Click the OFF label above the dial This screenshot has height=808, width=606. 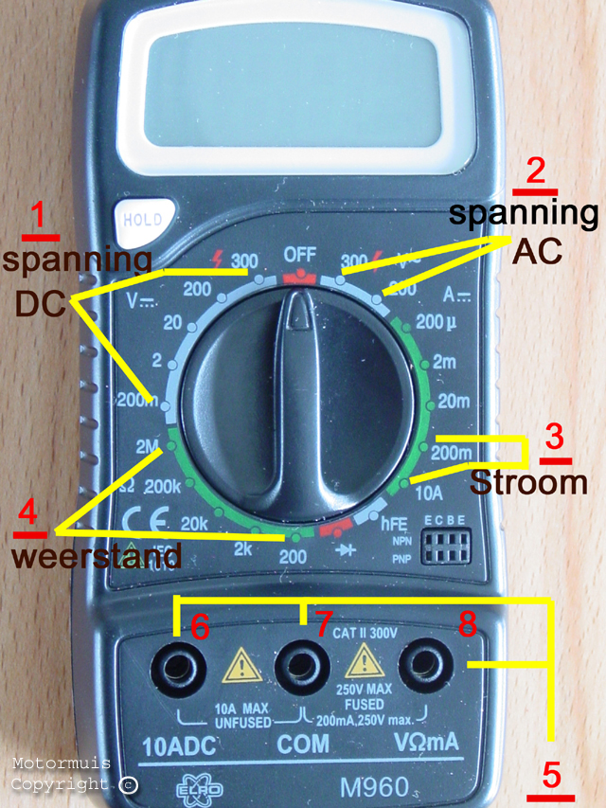[299, 255]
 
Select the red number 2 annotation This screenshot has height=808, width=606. [535, 171]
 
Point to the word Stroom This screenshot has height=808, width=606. [528, 482]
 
